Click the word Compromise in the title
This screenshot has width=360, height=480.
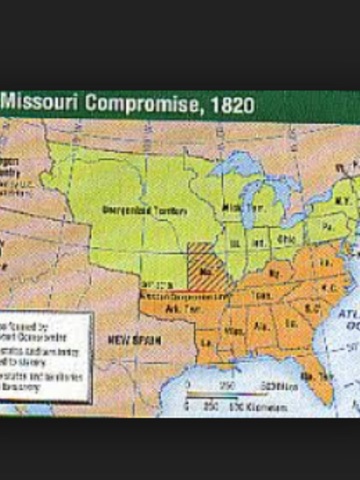(x=139, y=103)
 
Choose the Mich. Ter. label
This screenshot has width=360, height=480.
(x=236, y=206)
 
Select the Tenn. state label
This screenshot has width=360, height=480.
(x=263, y=296)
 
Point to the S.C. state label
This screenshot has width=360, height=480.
(x=307, y=313)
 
